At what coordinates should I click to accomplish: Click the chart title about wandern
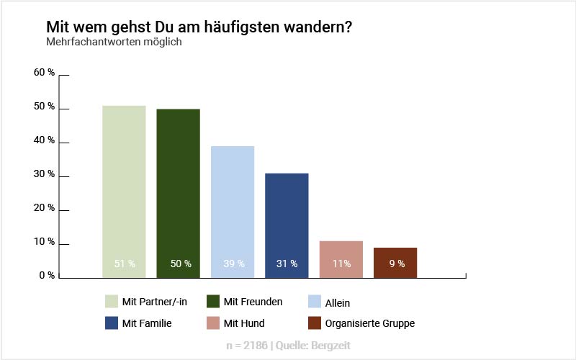pyautogui.click(x=199, y=27)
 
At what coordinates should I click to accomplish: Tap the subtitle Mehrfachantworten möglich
pyautogui.click(x=114, y=42)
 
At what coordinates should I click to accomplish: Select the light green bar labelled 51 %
pyautogui.click(x=124, y=191)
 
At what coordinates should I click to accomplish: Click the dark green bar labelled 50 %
pyautogui.click(x=178, y=192)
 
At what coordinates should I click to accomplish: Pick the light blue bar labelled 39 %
pyautogui.click(x=233, y=211)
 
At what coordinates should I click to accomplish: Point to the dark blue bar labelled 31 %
pyautogui.click(x=287, y=225)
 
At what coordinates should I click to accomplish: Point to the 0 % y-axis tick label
pyautogui.click(x=47, y=275)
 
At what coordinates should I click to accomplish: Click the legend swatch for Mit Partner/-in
pyautogui.click(x=112, y=302)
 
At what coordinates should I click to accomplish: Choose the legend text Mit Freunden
pyautogui.click(x=253, y=302)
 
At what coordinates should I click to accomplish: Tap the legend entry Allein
pyautogui.click(x=337, y=303)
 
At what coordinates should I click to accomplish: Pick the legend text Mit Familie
pyautogui.click(x=147, y=323)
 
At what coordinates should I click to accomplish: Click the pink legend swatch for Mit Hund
pyautogui.click(x=212, y=323)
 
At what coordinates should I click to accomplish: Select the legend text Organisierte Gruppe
pyautogui.click(x=369, y=323)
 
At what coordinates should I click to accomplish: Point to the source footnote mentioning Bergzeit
pyautogui.click(x=288, y=346)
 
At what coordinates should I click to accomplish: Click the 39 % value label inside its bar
pyautogui.click(x=233, y=264)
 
